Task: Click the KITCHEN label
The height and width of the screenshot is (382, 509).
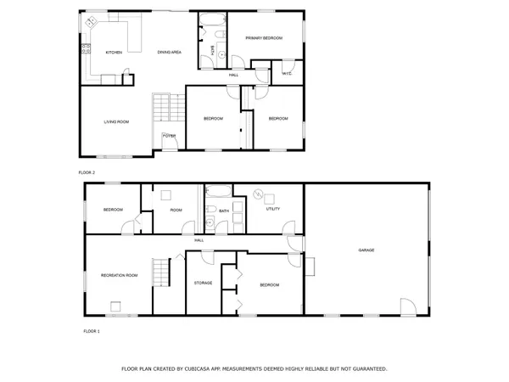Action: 114,53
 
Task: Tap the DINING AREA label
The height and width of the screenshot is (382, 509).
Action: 170,53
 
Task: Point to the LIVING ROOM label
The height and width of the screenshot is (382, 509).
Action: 116,122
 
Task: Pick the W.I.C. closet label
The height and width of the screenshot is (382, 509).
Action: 287,74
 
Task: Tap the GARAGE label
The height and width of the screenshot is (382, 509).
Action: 366,250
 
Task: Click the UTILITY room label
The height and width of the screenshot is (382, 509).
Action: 273,208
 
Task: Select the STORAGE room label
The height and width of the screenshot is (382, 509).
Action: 203,283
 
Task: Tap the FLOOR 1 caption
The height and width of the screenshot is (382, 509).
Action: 91,330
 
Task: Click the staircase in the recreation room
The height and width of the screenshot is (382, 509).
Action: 161,273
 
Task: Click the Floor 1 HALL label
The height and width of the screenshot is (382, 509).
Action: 199,240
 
